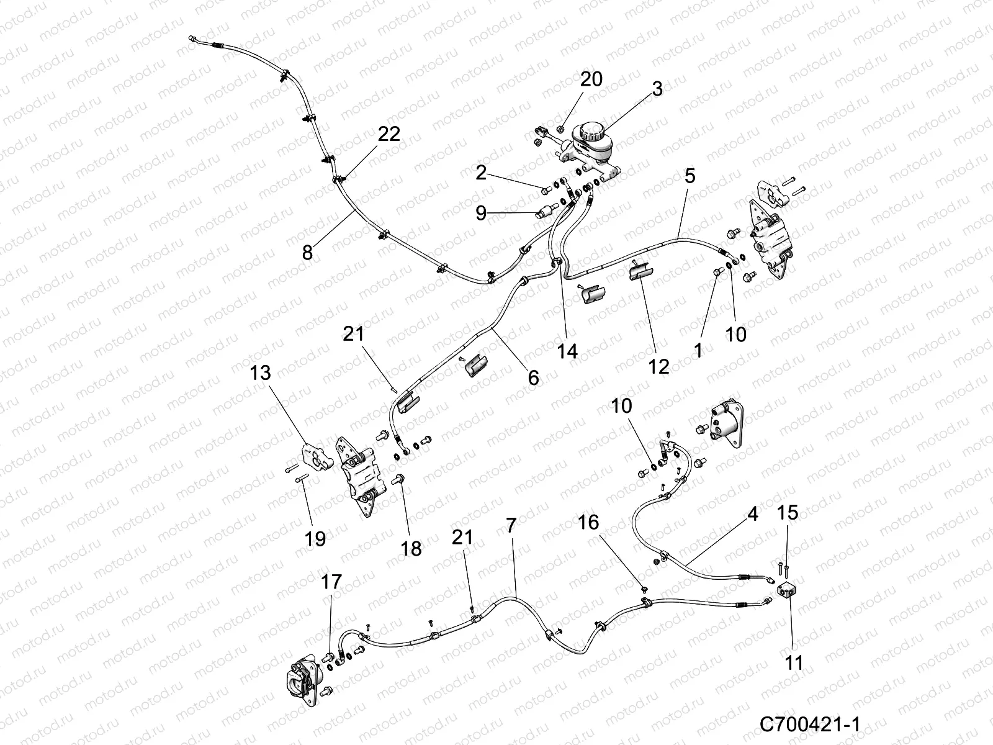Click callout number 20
pos(591,79)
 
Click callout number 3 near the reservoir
pos(657,89)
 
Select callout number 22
pos(390,133)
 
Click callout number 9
pos(481,213)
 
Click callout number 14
pos(567,351)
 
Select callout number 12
pos(658,366)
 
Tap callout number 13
pos(261,374)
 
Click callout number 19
pos(315,538)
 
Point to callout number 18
pos(411,548)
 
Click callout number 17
pos(332,582)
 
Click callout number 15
pos(788,513)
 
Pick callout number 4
pos(752,515)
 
